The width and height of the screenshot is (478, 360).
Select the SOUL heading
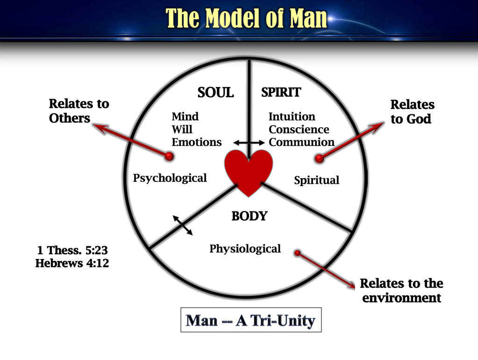pyautogui.click(x=215, y=93)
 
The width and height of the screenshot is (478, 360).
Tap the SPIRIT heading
pyautogui.click(x=281, y=92)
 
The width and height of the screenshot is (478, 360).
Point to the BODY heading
pyautogui.click(x=250, y=216)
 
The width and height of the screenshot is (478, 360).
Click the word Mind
pyautogui.click(x=185, y=116)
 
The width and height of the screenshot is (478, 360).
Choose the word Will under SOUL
pyautogui.click(x=182, y=130)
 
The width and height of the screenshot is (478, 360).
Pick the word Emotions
pyautogui.click(x=197, y=142)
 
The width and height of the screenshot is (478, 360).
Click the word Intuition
pyautogui.click(x=292, y=116)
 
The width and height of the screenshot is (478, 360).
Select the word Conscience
pyautogui.click(x=299, y=130)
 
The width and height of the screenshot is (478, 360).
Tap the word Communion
pyautogui.click(x=302, y=142)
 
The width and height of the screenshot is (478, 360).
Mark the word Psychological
pyautogui.click(x=170, y=178)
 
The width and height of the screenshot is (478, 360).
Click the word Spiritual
pyautogui.click(x=317, y=180)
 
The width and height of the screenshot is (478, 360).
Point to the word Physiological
pyautogui.click(x=245, y=249)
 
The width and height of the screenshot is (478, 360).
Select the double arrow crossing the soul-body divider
pyautogui.click(x=183, y=225)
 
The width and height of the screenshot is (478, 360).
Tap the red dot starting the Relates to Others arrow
pyautogui.click(x=170, y=156)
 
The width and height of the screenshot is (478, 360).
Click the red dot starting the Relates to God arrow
pyautogui.click(x=320, y=158)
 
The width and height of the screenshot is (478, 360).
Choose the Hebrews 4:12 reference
pyautogui.click(x=72, y=263)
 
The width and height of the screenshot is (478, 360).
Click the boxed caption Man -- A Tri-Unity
pyautogui.click(x=251, y=320)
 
